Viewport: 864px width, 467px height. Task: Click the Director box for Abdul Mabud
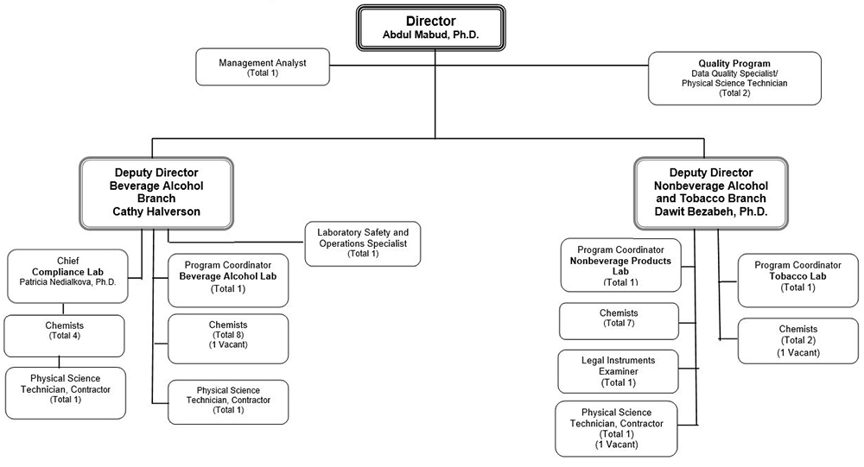pos(431,26)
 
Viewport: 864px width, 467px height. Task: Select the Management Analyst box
pos(262,67)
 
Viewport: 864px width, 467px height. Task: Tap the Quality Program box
pos(734,78)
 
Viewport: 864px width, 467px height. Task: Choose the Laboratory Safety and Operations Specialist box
pos(363,243)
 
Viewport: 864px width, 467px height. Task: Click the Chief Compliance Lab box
pos(67,275)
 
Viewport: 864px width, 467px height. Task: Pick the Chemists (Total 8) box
pos(228,338)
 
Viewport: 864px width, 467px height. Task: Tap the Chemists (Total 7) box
pos(619,321)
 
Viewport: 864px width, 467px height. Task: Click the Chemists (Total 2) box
pos(792,340)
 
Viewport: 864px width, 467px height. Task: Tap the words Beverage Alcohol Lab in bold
pos(228,276)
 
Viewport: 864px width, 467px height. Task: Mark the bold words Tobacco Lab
pos(797,276)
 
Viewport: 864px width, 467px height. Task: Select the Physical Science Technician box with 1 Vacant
pos(616,427)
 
